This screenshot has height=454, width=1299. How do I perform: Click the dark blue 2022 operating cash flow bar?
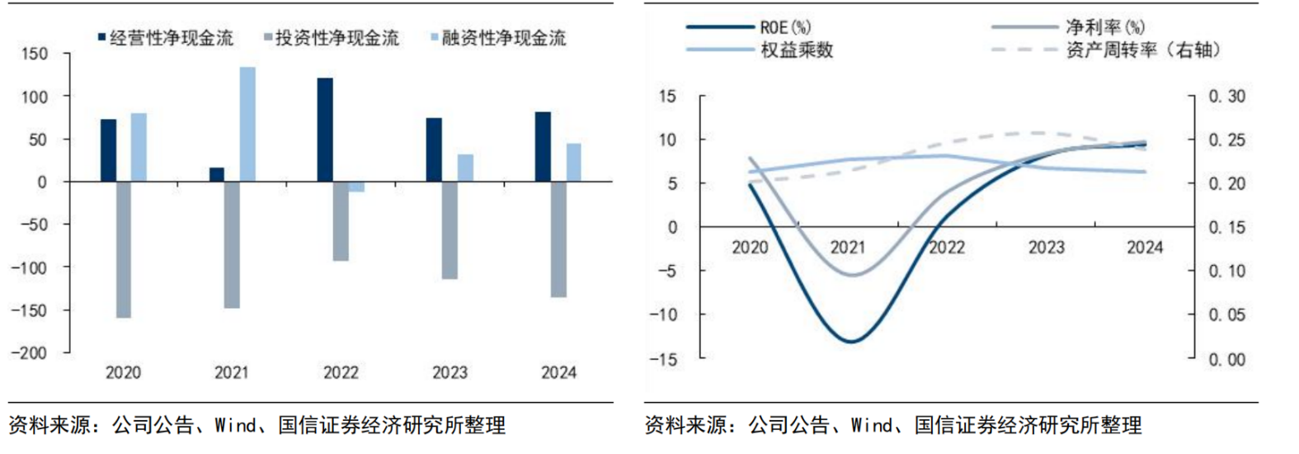[x=325, y=130]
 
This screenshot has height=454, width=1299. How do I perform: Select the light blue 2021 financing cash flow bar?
[x=247, y=124]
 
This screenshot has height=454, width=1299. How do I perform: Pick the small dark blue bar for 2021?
[x=217, y=174]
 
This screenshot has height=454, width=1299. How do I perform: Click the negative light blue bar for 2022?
[x=355, y=187]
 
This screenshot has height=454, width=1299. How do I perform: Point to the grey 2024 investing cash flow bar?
[x=558, y=239]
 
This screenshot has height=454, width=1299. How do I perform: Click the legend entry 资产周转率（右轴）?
[x=1141, y=50]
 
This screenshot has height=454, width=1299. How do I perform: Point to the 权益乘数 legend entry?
[x=796, y=50]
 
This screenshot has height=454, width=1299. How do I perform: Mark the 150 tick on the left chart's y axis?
[x=35, y=54]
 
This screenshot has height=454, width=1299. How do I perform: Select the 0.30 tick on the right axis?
[x=1226, y=97]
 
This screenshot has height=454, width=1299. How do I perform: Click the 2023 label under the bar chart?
[x=449, y=373]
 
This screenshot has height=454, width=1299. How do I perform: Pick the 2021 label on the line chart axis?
[x=848, y=247]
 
